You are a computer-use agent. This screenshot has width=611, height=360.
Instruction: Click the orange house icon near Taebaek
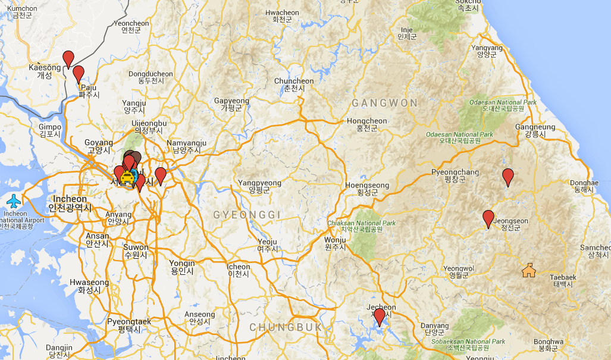[x=528, y=271]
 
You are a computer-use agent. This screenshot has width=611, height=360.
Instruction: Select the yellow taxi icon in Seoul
[x=127, y=177]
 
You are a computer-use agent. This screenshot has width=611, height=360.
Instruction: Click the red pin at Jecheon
[x=379, y=316]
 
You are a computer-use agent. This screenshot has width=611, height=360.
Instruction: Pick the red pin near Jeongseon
[x=488, y=218]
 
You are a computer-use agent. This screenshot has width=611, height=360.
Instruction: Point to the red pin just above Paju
[x=78, y=74]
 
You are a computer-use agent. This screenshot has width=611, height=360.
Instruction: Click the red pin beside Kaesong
[x=68, y=58]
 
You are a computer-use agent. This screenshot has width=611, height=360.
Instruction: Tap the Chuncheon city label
[x=294, y=84]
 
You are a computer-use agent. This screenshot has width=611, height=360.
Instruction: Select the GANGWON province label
[x=384, y=104]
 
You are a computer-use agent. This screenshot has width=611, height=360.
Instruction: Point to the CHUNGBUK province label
[x=286, y=327]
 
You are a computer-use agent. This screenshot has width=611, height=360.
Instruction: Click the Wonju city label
[x=335, y=243]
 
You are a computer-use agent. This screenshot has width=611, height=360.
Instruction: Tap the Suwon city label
[x=136, y=251]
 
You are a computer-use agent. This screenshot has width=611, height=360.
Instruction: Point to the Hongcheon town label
[x=366, y=124]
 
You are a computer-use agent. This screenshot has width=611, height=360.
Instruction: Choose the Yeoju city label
[x=268, y=245]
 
